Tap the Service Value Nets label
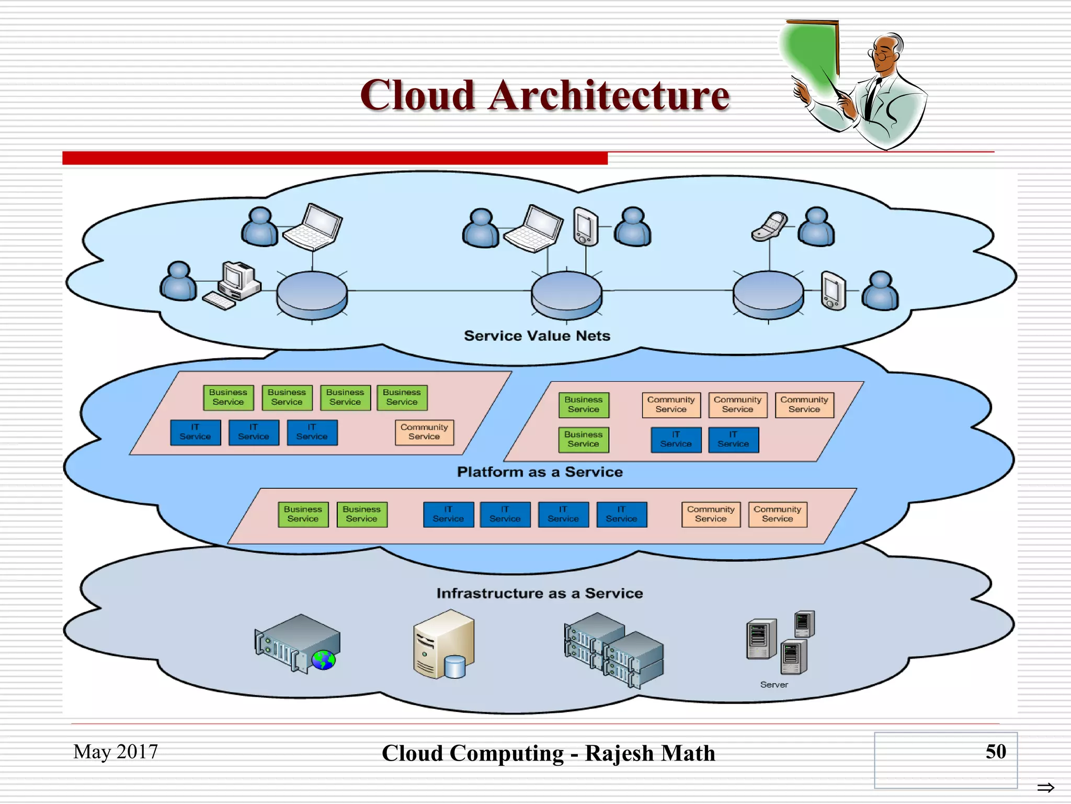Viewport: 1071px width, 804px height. tap(537, 336)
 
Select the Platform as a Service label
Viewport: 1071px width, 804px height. tap(540, 472)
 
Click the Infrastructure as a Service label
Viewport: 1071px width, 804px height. tap(540, 593)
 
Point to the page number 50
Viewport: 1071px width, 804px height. tap(995, 752)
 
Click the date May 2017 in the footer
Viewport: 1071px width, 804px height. tap(116, 752)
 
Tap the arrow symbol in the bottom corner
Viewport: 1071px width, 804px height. tap(1045, 787)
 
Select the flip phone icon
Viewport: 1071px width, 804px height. tap(769, 226)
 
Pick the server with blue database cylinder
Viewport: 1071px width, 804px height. tap(443, 645)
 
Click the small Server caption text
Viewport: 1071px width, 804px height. tap(774, 685)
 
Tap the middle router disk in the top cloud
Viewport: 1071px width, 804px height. tap(566, 294)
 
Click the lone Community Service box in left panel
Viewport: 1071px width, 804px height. tap(424, 432)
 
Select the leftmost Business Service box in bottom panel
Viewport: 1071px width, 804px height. tap(303, 514)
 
